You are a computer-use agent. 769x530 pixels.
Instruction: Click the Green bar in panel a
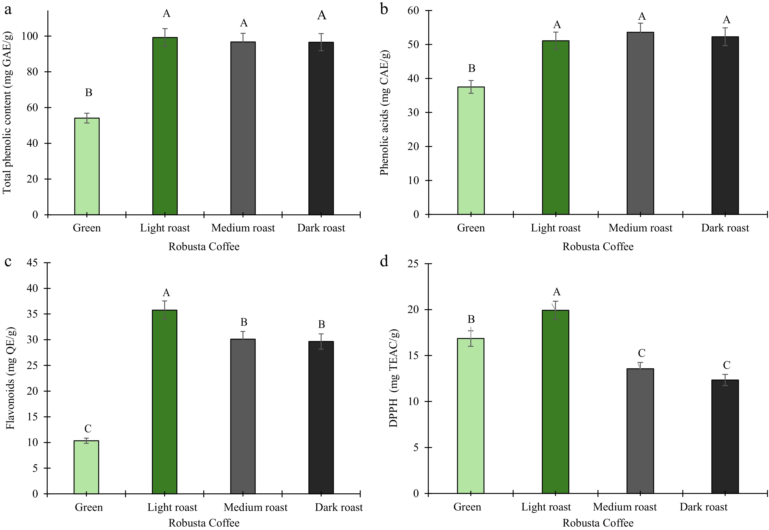point(87,166)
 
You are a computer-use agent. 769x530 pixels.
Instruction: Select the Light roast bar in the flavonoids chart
point(165,402)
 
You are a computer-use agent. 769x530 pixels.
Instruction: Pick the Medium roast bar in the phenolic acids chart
point(640,123)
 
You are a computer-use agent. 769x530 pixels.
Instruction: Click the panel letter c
point(8,262)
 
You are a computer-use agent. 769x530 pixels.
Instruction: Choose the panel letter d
point(384,262)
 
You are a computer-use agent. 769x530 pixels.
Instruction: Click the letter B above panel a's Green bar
point(88,92)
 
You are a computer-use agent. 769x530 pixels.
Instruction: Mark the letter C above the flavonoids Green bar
point(88,428)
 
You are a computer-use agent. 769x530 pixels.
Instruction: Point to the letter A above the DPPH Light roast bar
point(557,292)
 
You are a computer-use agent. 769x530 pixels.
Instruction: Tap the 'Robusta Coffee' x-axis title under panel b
point(598,247)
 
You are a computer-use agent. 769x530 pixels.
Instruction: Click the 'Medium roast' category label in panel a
point(243,228)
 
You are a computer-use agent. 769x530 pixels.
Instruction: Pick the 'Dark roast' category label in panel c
point(339,507)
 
